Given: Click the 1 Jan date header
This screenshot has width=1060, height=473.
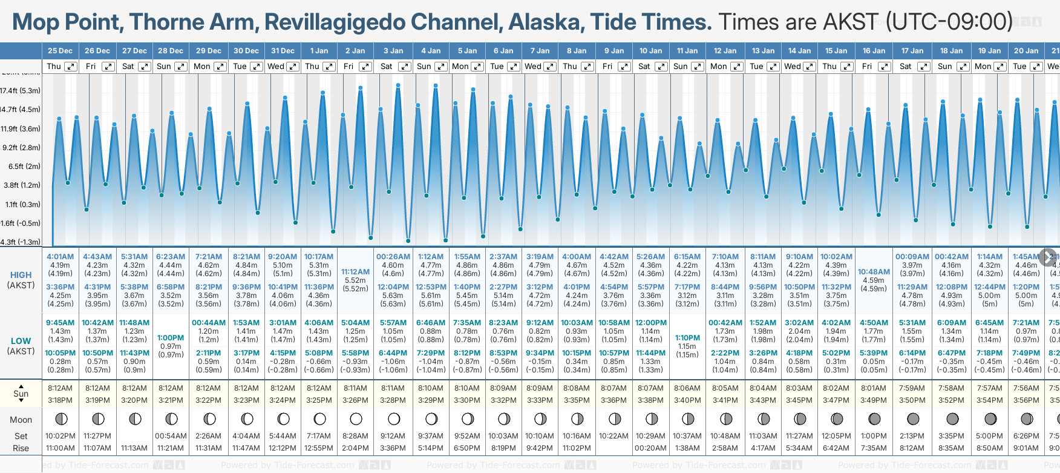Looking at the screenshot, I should [x=319, y=51].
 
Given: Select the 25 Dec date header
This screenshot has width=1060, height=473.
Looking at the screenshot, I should [x=60, y=51].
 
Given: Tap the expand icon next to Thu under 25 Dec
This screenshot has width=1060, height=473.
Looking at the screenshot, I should [x=71, y=67].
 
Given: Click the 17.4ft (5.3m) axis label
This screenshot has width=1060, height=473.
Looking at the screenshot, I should [x=21, y=91].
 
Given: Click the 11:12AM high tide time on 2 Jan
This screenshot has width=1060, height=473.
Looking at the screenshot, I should [x=355, y=272].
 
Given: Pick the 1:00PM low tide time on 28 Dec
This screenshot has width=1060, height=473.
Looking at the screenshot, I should [x=171, y=338].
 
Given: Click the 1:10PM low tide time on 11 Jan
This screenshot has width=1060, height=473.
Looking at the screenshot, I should [x=687, y=338].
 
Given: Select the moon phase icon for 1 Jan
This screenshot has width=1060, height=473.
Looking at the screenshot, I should [x=319, y=419].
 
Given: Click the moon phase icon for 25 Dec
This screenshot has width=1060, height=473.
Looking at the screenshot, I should [x=61, y=419].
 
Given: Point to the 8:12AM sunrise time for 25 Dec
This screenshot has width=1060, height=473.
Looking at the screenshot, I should [x=60, y=388].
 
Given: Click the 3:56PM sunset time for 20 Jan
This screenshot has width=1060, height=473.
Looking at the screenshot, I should [x=1026, y=400].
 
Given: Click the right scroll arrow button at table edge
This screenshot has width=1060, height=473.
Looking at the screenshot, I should [x=1048, y=257].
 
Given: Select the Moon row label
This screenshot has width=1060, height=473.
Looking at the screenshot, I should [x=21, y=420].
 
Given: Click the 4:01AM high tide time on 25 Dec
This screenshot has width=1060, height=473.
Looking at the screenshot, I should [x=60, y=257].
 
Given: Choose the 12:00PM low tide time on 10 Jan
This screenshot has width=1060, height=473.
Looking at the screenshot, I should [x=650, y=323].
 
